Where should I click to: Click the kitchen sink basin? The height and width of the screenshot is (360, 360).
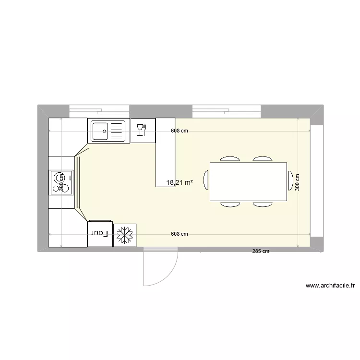(101, 131)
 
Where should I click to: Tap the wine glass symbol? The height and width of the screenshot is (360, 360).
(142, 130)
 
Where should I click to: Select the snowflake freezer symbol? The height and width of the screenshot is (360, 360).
(125, 235)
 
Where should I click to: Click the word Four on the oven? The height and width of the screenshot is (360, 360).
(100, 234)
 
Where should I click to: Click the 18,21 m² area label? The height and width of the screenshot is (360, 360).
(180, 183)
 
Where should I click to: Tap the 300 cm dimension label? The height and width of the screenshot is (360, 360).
(298, 183)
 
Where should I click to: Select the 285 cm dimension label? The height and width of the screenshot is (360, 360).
(261, 251)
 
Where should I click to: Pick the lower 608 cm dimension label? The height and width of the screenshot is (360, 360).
(179, 234)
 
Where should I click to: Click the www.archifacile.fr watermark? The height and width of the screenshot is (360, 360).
(330, 286)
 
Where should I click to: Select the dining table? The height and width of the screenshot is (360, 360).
(248, 181)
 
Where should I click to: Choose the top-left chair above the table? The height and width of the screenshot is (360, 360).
(230, 158)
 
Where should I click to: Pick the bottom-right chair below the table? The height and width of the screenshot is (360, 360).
(263, 204)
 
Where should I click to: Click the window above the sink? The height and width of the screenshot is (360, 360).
(99, 111)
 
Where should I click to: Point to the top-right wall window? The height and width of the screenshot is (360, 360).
(227, 111)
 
